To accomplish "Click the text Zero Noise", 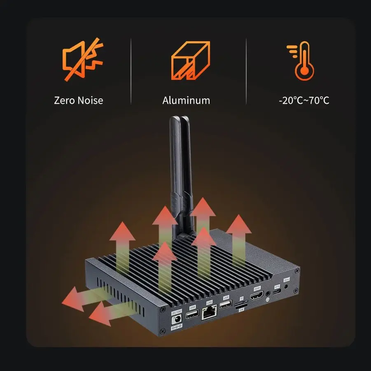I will click(79, 100).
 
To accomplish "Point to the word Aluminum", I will click(186, 100).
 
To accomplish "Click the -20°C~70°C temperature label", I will click(304, 100).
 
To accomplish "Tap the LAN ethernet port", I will click(210, 314).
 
